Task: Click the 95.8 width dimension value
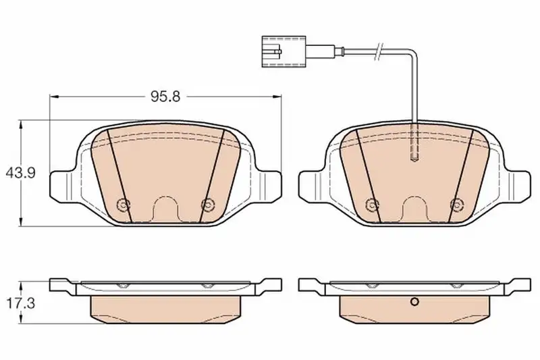pyautogui.click(x=165, y=97)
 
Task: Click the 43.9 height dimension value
pyautogui.click(x=21, y=173)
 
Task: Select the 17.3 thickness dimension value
pyautogui.click(x=21, y=303)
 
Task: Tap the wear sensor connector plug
pyautogui.click(x=284, y=52)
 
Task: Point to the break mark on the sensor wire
pyautogui.click(x=379, y=52)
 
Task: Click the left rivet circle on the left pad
pyautogui.click(x=123, y=205)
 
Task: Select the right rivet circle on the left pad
pyautogui.click(x=207, y=205)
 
